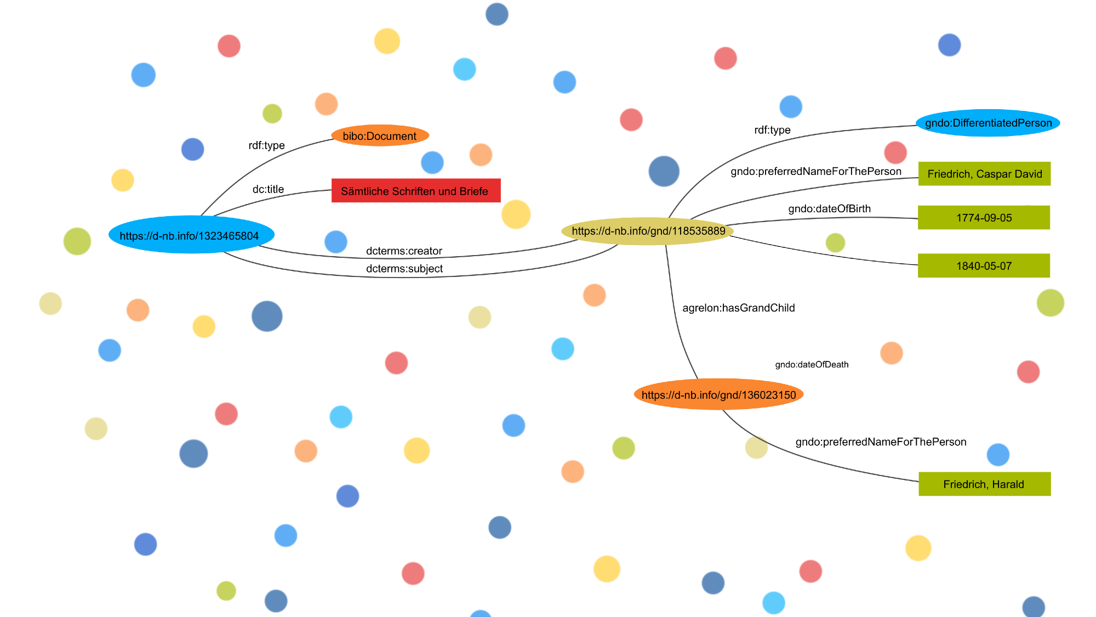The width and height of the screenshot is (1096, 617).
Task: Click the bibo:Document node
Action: [x=380, y=135]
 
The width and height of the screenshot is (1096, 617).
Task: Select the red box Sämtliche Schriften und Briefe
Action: [x=415, y=191]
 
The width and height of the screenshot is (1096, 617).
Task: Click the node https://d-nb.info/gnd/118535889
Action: [x=648, y=231]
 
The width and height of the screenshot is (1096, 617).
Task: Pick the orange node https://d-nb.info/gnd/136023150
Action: [x=718, y=395]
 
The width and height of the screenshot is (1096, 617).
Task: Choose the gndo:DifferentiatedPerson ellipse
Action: [x=988, y=123]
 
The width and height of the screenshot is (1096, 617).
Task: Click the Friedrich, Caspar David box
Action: [x=984, y=174]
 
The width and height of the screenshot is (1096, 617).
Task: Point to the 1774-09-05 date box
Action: [x=984, y=218]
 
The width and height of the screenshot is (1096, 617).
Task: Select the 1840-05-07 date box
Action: [x=984, y=266]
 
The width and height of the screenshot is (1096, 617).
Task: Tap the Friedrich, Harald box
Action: [x=984, y=484]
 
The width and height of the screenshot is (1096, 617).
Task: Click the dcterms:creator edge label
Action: [x=404, y=251]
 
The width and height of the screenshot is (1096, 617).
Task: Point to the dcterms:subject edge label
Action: [x=404, y=269]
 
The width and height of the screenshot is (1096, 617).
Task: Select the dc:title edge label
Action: [x=268, y=189]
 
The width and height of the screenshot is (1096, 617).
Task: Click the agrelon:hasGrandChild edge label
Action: [x=738, y=308]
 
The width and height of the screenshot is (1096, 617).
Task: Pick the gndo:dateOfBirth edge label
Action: [x=829, y=208]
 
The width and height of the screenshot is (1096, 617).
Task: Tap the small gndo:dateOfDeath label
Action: [x=812, y=365]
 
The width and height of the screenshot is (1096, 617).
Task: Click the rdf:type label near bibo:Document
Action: [x=266, y=145]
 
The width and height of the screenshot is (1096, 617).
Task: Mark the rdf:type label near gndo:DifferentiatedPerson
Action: [x=772, y=130]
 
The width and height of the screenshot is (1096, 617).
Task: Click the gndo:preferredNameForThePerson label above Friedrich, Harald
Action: [x=881, y=442]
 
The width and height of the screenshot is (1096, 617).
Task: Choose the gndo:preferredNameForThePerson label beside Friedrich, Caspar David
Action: [x=815, y=172]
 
